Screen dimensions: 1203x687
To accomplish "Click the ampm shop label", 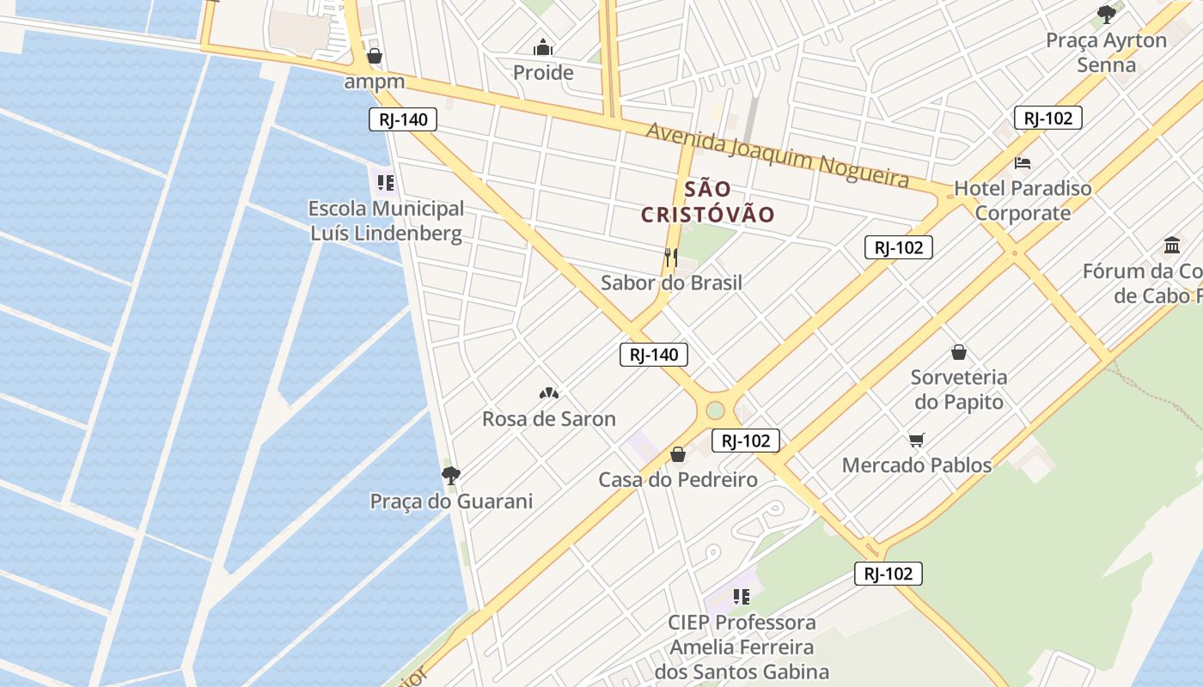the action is point(375,82).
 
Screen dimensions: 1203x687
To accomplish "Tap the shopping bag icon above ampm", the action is point(375,57).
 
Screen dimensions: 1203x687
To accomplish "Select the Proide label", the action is point(543,72).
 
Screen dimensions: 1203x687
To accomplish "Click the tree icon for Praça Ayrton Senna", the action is point(1107,14).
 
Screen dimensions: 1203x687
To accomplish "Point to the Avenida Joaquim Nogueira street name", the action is point(777,155).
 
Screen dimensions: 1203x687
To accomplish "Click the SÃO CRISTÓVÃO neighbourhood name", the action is point(708,202).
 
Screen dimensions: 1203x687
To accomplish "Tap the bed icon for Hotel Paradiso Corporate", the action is point(1023,162).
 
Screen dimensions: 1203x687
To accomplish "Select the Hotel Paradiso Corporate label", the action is point(1023,200).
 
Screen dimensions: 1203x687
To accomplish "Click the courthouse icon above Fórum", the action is point(1172,246).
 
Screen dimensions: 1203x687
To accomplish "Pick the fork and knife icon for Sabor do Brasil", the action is point(671,257).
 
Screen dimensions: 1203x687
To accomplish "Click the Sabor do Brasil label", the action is point(671,283).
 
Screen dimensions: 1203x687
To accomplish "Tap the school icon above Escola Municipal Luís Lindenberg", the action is point(385,183).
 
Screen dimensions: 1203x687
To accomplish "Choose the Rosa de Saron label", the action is point(549,419).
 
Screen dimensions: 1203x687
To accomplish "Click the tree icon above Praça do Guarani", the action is point(450,475).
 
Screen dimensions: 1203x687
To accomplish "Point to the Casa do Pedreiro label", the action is point(678,479).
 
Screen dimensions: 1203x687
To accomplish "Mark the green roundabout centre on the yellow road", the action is point(715,410).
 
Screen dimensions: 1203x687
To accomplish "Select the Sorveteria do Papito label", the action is point(959,389).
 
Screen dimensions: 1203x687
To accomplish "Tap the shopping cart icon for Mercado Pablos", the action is point(917,441).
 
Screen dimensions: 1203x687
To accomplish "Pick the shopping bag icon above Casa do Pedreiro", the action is point(678,454).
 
